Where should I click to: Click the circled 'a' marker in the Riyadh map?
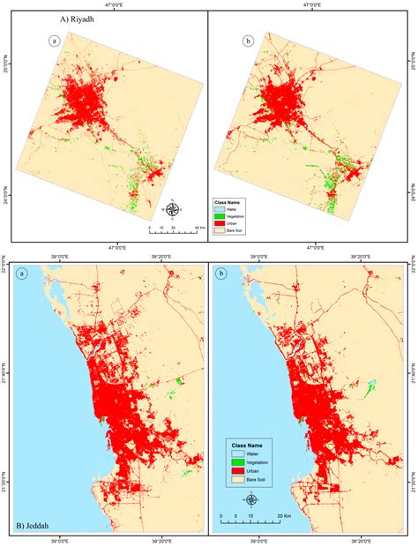(x=55, y=41)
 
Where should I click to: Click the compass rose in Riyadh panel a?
(x=174, y=209)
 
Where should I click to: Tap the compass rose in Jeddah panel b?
(x=251, y=499)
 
